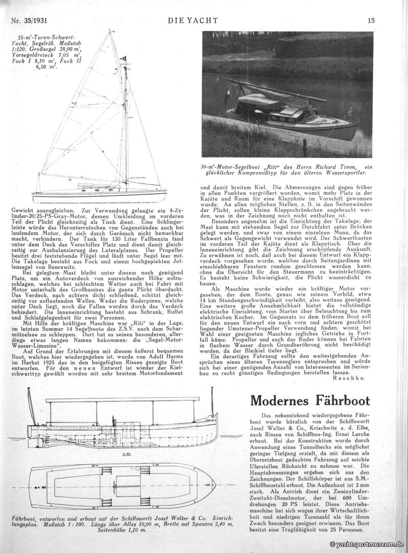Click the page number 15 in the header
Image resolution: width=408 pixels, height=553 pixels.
pos(371,20)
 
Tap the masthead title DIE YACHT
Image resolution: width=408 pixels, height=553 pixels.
pos(193,20)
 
